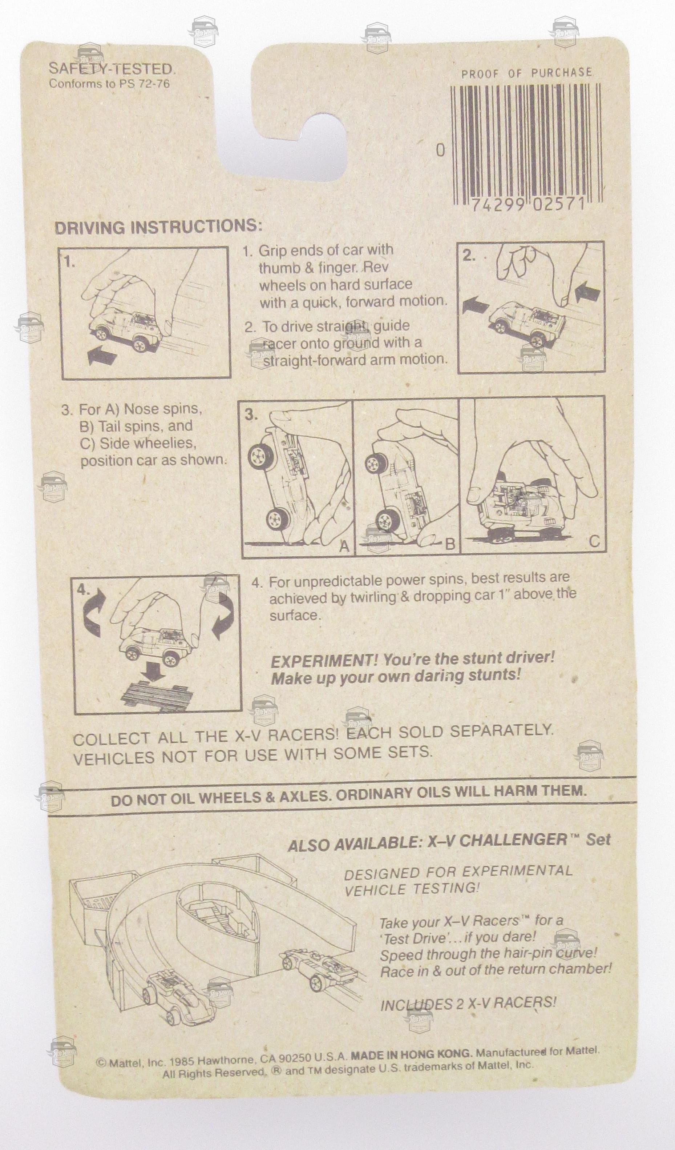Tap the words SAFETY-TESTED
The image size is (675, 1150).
112,69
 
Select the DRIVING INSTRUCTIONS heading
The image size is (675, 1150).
158,227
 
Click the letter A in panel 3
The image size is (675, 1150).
344,546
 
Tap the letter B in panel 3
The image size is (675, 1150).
450,544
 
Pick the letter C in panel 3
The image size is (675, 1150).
594,542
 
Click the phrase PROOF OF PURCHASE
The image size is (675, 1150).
527,73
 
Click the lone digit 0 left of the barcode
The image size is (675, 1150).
440,150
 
